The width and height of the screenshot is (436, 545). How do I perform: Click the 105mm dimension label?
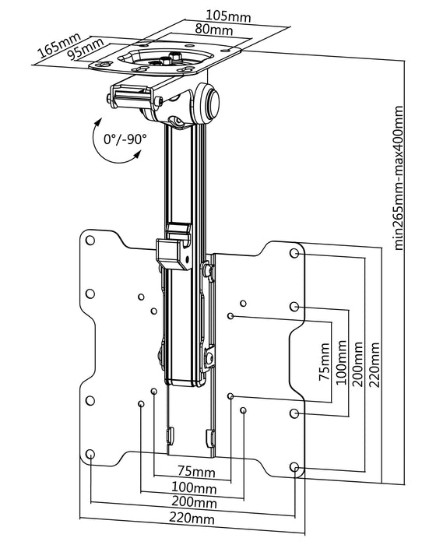click(228, 16)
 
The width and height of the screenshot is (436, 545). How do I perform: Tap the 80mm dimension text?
click(214, 30)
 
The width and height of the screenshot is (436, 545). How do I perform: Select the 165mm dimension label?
click(59, 45)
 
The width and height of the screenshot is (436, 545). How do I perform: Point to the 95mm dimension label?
click(86, 48)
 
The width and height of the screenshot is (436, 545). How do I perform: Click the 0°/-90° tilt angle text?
click(125, 139)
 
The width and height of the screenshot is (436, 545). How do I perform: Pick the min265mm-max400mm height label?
click(399, 178)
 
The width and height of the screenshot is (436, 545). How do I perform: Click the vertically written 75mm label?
click(325, 362)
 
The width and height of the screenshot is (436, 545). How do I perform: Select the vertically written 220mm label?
click(375, 364)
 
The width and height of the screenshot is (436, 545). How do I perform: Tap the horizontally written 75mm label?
click(196, 471)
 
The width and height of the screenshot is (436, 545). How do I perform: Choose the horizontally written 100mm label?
click(194, 488)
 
